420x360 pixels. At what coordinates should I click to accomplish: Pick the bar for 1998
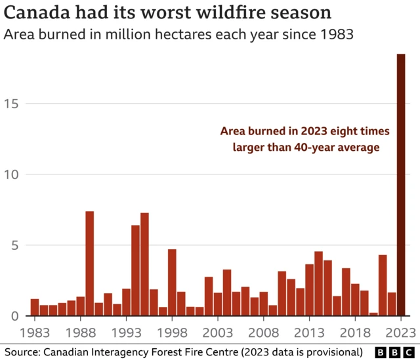(x=172, y=283)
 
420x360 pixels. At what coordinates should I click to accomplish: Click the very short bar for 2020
(x=373, y=314)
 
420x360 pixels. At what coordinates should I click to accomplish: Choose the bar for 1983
(x=35, y=308)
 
